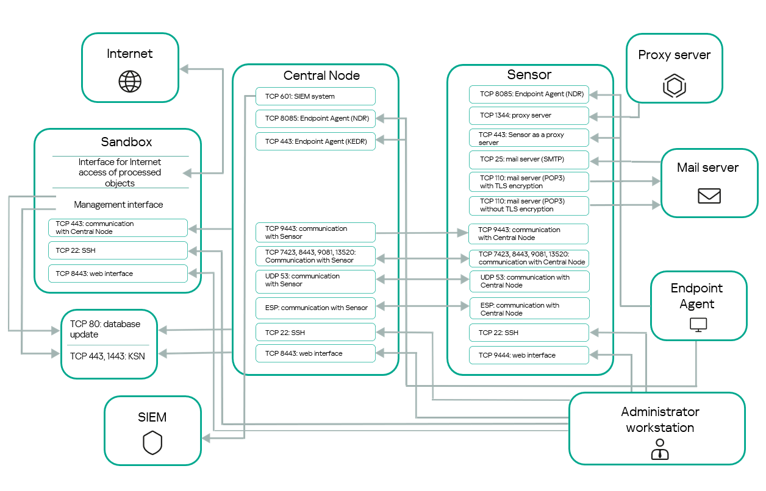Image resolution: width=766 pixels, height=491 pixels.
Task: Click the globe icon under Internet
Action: tap(130, 80)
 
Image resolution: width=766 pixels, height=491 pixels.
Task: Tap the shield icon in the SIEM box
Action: tap(152, 443)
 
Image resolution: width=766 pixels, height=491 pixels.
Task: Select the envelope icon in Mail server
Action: tap(709, 196)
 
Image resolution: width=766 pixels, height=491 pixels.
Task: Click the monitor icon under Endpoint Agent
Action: tap(698, 324)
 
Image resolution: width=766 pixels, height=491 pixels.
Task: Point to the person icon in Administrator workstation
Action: tap(659, 449)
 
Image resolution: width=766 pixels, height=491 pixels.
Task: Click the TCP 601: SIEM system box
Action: tap(315, 96)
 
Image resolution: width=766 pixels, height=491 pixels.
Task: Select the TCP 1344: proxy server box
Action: tap(529, 115)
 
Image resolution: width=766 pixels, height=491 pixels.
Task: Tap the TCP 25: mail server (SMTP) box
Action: tap(529, 160)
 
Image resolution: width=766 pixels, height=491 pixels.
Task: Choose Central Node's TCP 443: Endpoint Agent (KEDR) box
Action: tap(315, 141)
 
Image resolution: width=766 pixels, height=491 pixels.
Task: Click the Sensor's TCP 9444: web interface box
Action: tap(529, 355)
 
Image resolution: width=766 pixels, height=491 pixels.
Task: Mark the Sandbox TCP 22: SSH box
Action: tap(118, 250)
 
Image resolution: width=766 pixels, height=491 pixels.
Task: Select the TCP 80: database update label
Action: tap(105, 329)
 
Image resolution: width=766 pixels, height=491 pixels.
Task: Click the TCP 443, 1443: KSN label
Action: tap(107, 356)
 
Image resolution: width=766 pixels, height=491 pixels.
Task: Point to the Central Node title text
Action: tap(321, 76)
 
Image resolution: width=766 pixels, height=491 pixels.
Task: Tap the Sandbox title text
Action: tap(126, 142)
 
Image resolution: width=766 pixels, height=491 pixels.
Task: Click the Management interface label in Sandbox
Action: tap(118, 205)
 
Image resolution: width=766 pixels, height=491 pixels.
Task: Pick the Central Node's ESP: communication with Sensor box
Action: tap(315, 308)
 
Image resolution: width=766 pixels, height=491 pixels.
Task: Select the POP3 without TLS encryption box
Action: tap(529, 205)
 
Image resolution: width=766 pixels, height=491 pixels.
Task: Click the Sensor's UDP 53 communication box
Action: tap(529, 281)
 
